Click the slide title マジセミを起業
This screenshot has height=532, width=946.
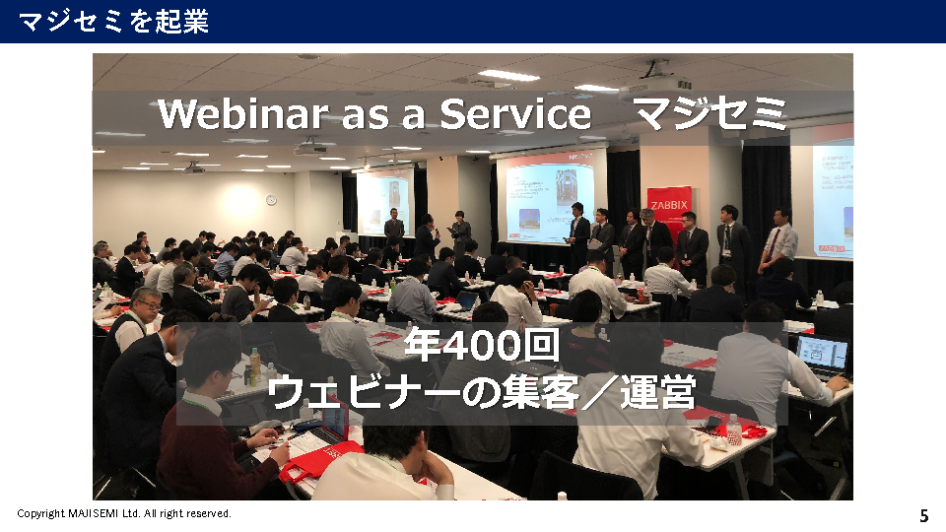(114, 22)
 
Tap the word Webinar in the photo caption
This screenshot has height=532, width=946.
(243, 114)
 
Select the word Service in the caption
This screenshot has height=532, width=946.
(515, 114)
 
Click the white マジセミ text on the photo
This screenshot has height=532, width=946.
(711, 114)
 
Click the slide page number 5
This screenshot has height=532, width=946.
(923, 515)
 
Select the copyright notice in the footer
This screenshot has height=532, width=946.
(124, 514)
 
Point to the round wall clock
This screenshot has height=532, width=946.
(271, 200)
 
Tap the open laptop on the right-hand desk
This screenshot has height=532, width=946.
(822, 357)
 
